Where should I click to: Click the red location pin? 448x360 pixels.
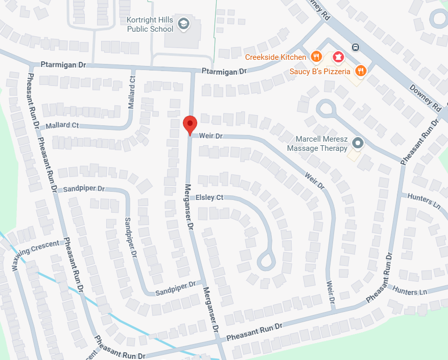pos(190,124)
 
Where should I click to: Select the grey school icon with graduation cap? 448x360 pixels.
pos(183,24)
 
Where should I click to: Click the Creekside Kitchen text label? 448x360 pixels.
pos(275,57)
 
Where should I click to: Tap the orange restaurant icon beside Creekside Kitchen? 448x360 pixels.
pos(317,57)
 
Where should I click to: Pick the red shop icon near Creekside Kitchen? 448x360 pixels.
pos(338,56)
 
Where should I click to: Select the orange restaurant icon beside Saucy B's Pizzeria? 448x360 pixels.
pos(361,71)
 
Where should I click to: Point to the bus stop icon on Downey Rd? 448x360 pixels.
pos(356,48)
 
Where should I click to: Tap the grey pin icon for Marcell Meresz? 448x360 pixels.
pos(358,143)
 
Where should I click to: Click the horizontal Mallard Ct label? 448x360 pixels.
pos(62,125)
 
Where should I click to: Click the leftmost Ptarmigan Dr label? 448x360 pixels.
pos(63,65)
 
